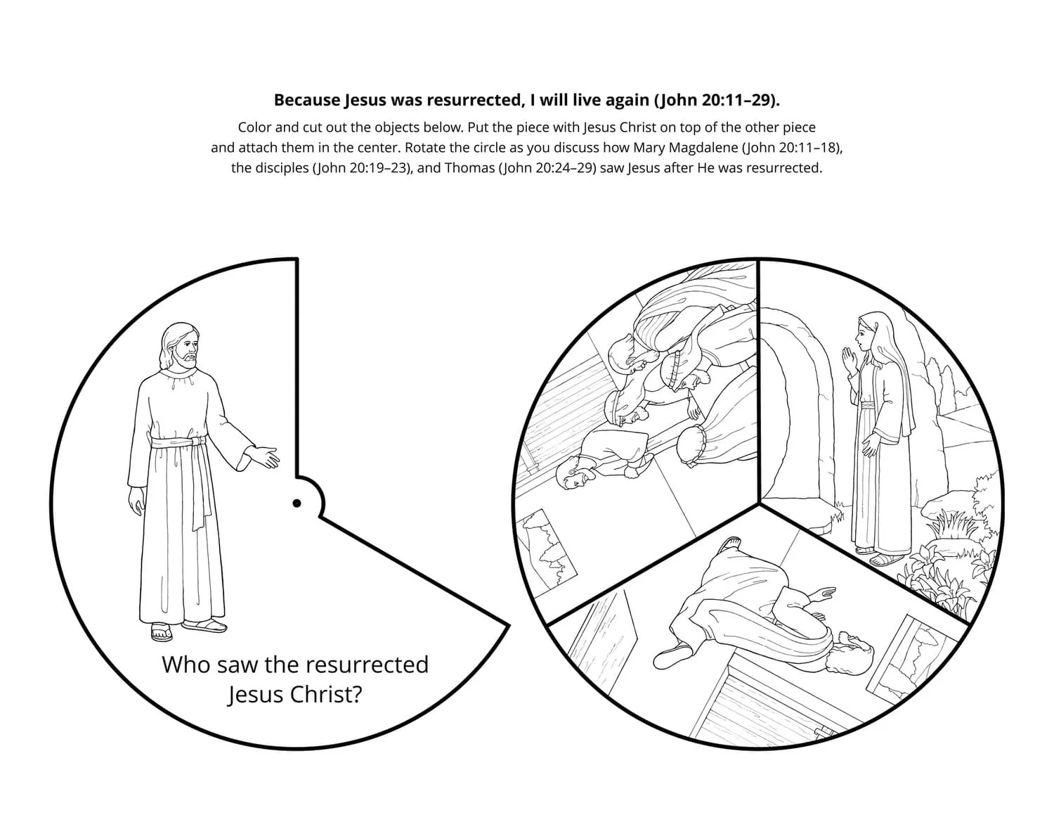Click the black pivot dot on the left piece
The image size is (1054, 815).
pos(297,503)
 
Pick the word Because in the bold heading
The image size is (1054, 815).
pos(307,100)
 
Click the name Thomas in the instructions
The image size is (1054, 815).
pos(469,169)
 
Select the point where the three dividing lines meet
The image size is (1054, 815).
pos(759,503)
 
